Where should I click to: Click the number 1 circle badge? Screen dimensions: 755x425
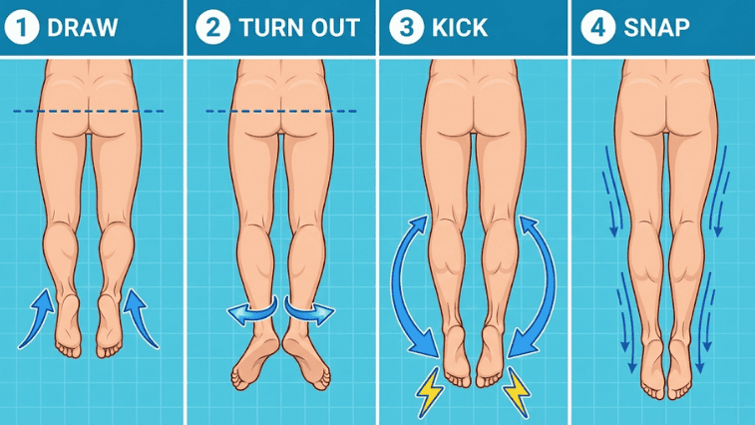click(22, 27)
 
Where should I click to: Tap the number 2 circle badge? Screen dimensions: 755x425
click(212, 27)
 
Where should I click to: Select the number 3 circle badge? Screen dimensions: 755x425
click(406, 27)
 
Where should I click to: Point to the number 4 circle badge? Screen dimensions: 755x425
click(598, 27)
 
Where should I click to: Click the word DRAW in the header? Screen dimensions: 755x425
click(83, 28)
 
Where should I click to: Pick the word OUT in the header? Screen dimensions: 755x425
click(335, 28)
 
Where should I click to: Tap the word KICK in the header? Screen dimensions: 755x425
click(460, 28)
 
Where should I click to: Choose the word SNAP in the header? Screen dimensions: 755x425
click(657, 28)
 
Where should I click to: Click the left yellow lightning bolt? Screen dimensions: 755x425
click(429, 391)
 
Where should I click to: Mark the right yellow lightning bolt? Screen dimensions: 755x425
click(518, 391)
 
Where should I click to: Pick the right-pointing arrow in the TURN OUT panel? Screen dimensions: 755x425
click(309, 311)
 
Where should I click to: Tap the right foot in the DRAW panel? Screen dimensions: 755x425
click(109, 327)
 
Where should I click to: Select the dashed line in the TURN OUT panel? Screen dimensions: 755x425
click(281, 112)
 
